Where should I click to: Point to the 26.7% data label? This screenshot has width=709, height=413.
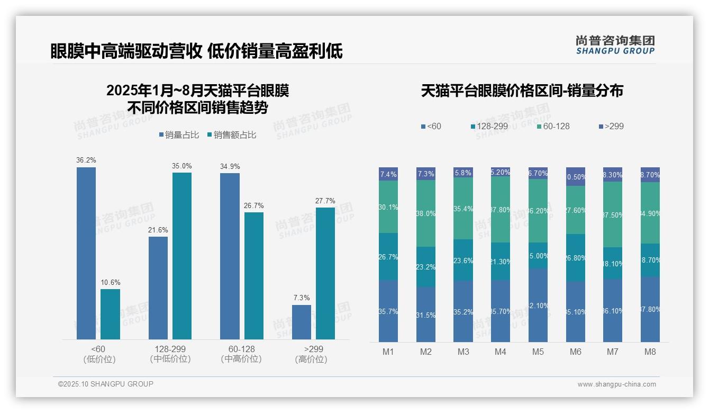[x=253, y=205]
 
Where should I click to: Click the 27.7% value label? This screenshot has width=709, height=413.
[x=325, y=201]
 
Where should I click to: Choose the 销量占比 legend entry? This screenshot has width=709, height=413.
[x=179, y=135]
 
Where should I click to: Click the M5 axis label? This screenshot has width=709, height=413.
[x=538, y=352]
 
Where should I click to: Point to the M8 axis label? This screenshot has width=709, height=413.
[x=650, y=352]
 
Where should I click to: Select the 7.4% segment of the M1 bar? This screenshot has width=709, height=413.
[x=388, y=174]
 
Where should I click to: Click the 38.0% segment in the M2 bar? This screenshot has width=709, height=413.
[x=426, y=213]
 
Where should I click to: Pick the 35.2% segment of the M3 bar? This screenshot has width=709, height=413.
[x=463, y=311]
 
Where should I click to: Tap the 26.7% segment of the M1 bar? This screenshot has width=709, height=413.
[x=388, y=257]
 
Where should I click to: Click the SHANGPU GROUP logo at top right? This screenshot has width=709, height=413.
[x=615, y=45]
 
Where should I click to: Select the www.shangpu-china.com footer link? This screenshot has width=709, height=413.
[x=616, y=384]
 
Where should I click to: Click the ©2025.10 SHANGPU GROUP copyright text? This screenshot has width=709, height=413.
[x=106, y=384]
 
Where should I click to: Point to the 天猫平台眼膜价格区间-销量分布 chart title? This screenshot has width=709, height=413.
[x=522, y=91]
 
